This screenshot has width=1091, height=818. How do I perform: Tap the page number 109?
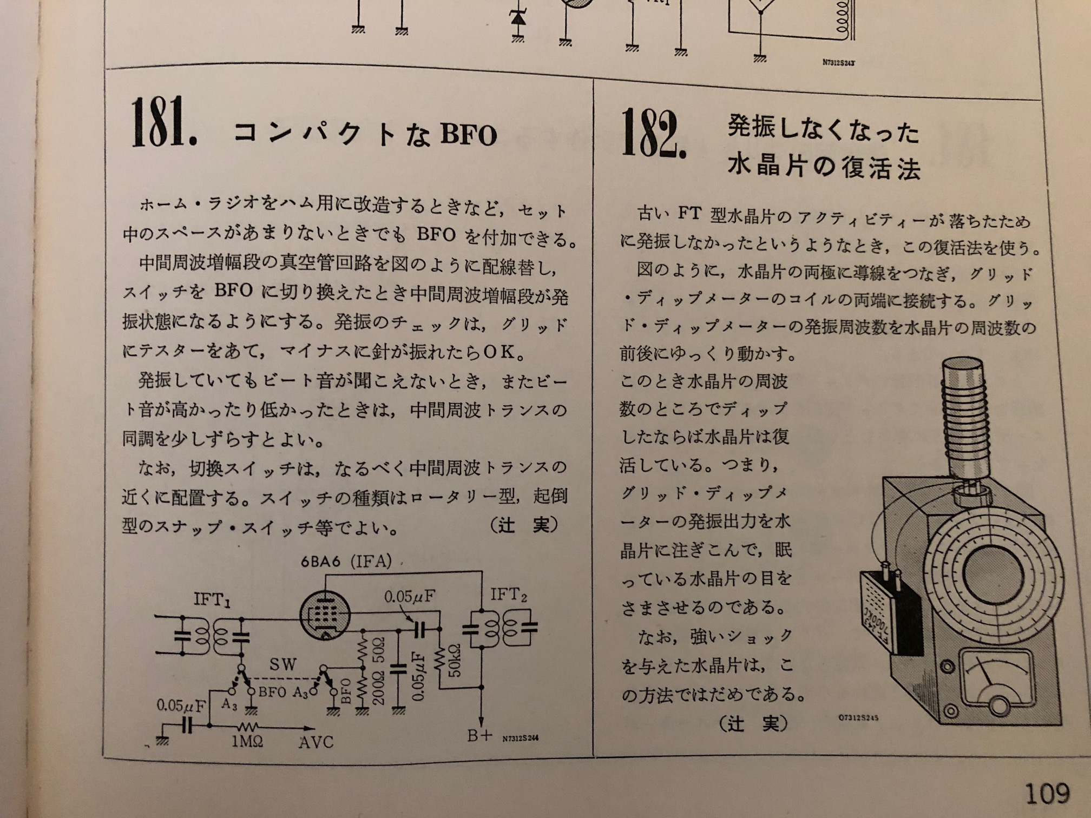coord(1048,794)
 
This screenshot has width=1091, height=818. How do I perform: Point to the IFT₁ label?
coord(212,599)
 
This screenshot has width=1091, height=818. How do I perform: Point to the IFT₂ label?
coord(508,595)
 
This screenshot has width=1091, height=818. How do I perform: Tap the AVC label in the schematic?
coord(316,741)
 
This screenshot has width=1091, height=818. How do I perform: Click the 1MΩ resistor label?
coord(247,741)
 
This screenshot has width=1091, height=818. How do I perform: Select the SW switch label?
coord(282,664)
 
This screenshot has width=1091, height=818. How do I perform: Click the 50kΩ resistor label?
coord(455,660)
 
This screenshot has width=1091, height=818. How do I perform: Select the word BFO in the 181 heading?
coord(469,135)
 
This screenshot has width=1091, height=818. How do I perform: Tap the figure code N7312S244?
coord(520,738)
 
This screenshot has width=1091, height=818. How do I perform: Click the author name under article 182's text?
coord(753,723)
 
